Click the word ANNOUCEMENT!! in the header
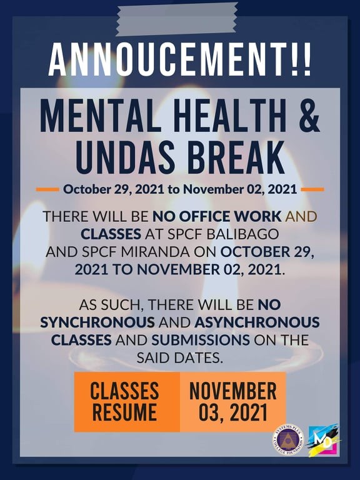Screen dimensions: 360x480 [180, 59]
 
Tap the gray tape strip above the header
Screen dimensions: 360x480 [177, 19]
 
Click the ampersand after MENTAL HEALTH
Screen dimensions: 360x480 [307, 118]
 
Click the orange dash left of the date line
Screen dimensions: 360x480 [47, 189]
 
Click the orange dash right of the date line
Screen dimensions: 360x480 [312, 189]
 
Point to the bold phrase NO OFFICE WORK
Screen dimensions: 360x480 [217, 217]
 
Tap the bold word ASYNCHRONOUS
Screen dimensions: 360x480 [257, 322]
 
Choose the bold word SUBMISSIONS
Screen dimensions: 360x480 [201, 340]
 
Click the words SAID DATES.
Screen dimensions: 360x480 [180, 358]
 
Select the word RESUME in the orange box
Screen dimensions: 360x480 [124, 412]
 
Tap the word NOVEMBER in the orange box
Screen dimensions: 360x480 [233, 391]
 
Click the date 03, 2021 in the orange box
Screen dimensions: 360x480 [233, 412]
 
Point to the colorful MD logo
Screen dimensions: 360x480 [324, 440]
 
